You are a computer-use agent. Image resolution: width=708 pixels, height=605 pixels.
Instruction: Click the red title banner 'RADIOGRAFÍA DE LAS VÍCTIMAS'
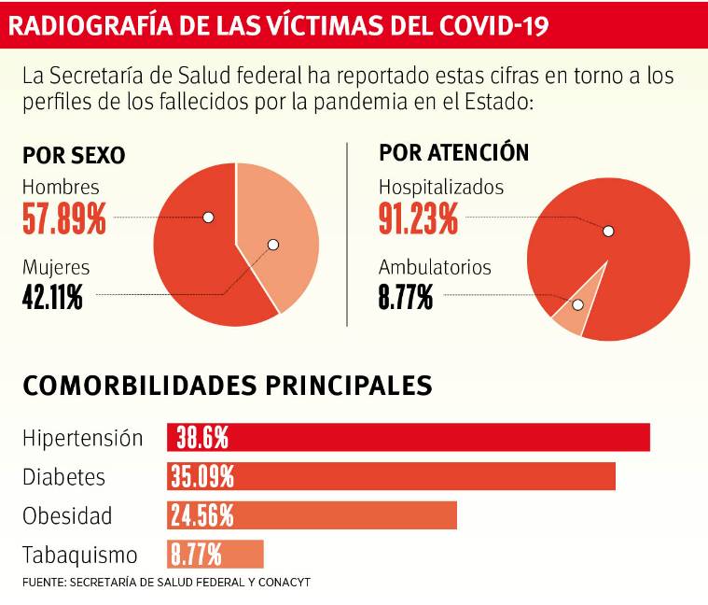277,27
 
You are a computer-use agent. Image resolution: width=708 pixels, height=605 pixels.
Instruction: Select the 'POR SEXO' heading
74,155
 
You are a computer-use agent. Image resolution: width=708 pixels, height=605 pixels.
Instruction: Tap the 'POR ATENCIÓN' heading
453,152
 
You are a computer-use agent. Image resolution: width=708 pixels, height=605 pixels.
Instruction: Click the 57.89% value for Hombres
64,220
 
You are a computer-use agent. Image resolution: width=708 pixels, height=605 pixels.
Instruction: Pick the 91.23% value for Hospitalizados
418,219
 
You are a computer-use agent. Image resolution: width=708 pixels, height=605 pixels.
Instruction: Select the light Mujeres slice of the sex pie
280,233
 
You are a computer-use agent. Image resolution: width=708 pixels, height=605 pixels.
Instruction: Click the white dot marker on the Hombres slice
208,218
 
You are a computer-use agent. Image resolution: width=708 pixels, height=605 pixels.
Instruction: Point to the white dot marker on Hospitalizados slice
608,231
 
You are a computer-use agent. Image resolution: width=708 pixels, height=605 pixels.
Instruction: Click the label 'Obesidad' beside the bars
67,515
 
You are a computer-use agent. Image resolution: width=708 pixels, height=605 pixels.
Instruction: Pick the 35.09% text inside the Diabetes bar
202,476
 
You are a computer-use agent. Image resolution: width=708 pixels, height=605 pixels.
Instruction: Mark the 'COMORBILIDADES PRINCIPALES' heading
227,386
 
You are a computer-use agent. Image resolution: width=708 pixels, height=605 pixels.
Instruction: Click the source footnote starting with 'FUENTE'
166,582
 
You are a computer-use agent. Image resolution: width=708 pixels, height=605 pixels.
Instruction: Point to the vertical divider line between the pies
347,233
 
